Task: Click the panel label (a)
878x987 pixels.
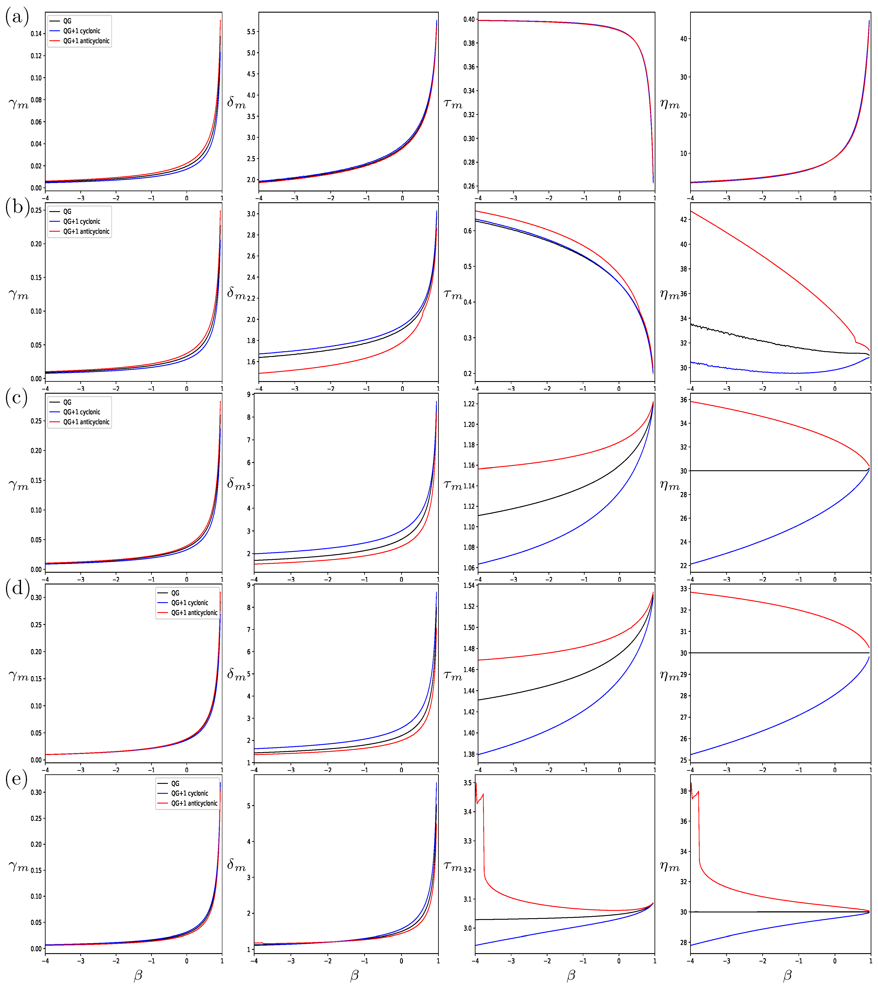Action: point(17,17)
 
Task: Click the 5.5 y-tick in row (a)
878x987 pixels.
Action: point(251,32)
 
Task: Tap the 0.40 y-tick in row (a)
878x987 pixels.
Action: point(469,20)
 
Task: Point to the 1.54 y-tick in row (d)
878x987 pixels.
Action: point(469,586)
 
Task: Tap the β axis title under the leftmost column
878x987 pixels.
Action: point(138,975)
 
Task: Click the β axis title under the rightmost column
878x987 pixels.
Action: point(787,975)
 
